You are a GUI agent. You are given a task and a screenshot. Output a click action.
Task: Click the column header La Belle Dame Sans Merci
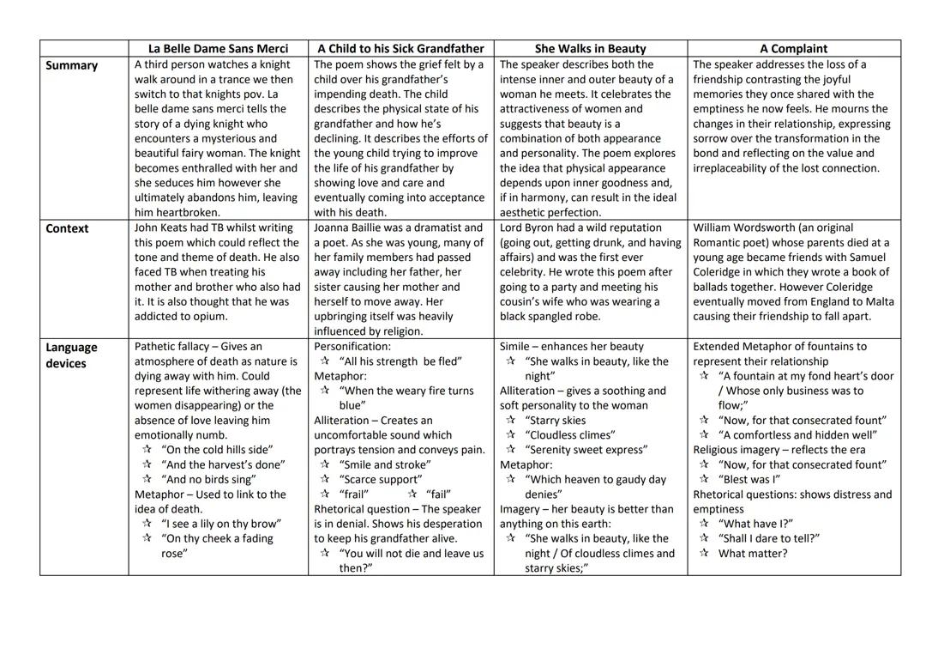point(218,49)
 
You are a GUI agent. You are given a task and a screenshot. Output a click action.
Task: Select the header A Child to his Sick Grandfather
point(400,49)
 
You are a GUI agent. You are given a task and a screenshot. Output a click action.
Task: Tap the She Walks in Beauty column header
point(590,49)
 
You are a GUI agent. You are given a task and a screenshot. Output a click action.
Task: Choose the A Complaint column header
point(793,49)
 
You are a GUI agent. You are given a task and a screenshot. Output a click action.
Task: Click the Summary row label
point(71,65)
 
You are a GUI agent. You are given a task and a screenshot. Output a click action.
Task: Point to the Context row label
point(67,228)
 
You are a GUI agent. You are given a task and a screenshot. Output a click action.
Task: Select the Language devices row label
point(71,355)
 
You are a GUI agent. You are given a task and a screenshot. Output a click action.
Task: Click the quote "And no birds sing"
point(208,480)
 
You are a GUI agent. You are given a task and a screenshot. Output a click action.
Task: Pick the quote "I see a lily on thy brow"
point(220,524)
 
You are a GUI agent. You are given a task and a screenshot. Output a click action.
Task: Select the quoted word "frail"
point(354,494)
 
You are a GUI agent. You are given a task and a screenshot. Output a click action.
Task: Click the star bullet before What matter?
point(704,554)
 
